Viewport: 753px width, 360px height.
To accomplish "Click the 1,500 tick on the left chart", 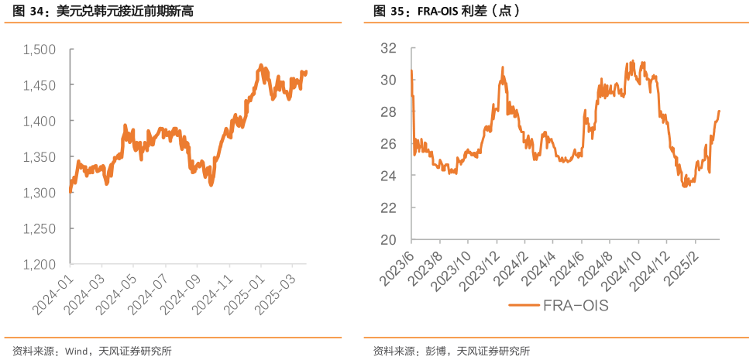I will coord(40,50).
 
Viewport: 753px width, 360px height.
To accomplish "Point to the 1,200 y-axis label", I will coord(40,265).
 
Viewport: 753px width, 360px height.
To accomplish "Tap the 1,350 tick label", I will coord(40,157).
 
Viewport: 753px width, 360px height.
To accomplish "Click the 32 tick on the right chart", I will coord(389,48).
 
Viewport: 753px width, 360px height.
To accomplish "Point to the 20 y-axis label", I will coord(389,240).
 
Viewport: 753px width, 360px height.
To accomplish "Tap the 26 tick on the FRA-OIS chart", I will coord(389,144).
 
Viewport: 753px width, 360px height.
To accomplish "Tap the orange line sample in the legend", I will coord(525,306).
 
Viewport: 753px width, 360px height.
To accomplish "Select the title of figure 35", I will coord(446,12).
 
